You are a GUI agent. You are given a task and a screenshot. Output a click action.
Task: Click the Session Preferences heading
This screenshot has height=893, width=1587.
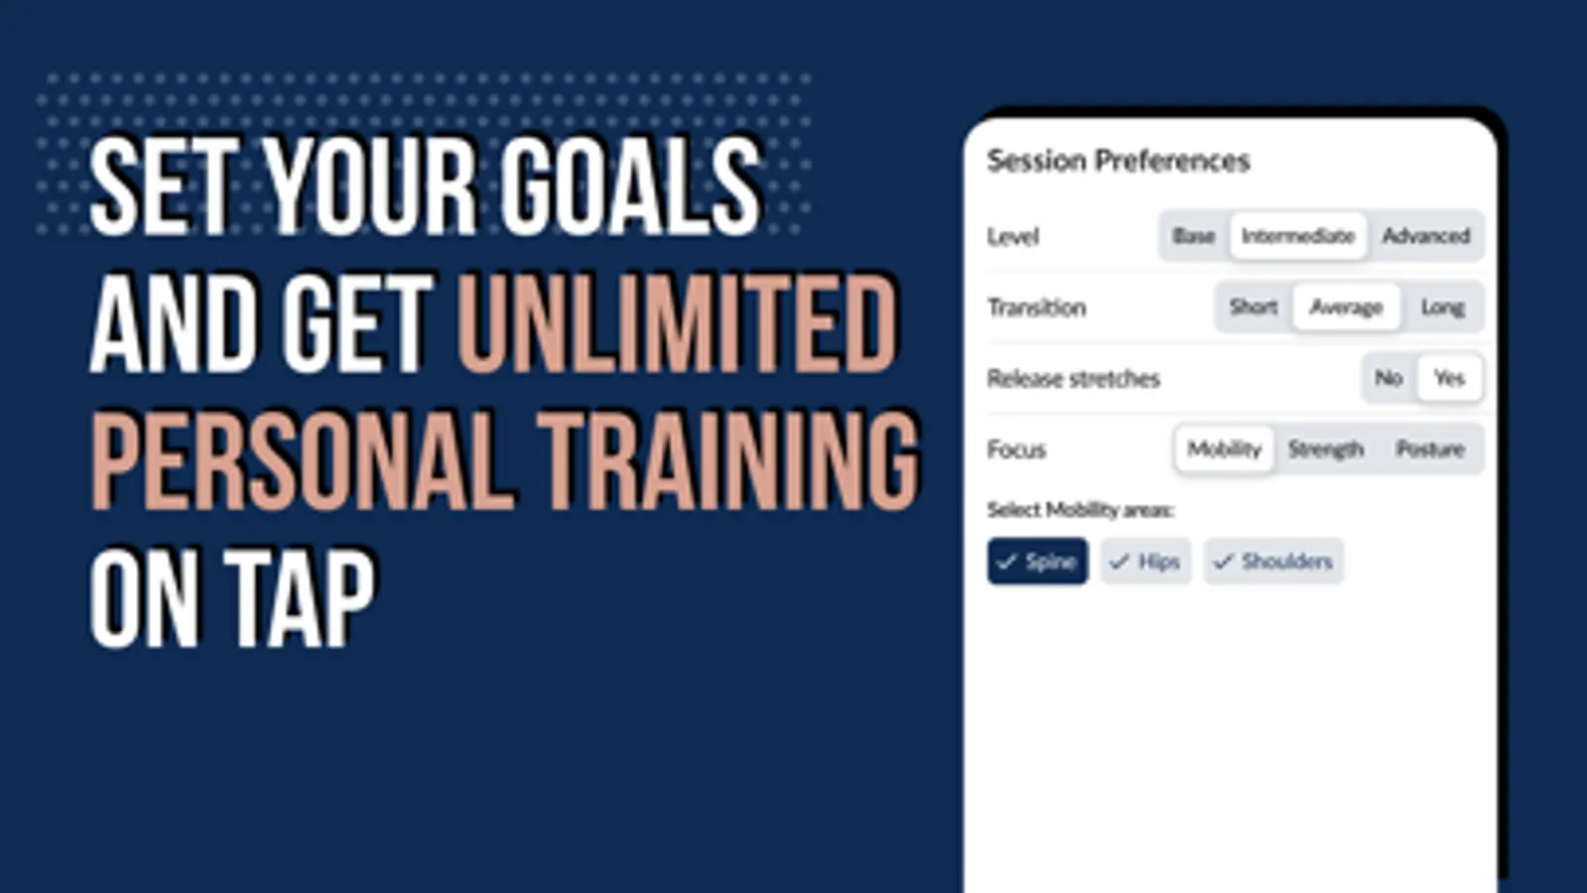tap(1119, 161)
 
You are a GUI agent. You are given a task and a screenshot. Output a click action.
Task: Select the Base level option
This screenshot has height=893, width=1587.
tap(1194, 236)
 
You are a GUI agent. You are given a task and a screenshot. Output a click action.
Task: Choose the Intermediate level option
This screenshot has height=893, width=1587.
tap(1298, 236)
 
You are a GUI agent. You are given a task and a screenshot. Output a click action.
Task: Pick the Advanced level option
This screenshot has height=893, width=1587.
tap(1425, 236)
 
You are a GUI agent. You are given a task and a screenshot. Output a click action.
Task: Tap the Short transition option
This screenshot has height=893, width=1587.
tap(1253, 308)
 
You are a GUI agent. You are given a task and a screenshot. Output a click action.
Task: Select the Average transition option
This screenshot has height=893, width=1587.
tap(1346, 308)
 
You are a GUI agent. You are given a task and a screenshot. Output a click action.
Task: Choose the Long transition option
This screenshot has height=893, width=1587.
tap(1442, 308)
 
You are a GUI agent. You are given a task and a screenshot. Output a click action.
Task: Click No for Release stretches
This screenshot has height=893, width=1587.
tap(1389, 378)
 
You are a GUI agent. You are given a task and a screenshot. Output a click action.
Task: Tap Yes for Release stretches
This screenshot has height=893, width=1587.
tap(1450, 378)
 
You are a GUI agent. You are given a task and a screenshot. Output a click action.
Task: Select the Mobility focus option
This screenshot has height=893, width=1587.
tap(1225, 448)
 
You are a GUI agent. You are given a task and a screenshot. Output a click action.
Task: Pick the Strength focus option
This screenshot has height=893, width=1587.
tap(1326, 448)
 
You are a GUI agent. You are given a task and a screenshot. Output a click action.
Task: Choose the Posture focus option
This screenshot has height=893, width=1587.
tap(1430, 448)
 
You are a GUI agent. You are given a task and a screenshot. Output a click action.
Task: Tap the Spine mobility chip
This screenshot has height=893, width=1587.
tap(1037, 562)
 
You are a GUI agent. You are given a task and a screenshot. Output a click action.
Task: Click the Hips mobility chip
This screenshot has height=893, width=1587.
tap(1145, 562)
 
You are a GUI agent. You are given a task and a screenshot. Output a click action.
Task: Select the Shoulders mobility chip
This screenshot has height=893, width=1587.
tap(1273, 562)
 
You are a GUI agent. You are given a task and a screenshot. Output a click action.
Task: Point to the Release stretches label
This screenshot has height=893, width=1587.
tap(1073, 379)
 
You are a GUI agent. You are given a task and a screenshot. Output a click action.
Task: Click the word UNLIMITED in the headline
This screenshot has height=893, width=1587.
tap(678, 323)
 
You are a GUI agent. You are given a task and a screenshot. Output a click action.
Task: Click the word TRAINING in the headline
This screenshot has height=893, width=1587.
tap(729, 461)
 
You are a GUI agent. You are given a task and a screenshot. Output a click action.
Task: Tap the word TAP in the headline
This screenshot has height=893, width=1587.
tap(300, 598)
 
